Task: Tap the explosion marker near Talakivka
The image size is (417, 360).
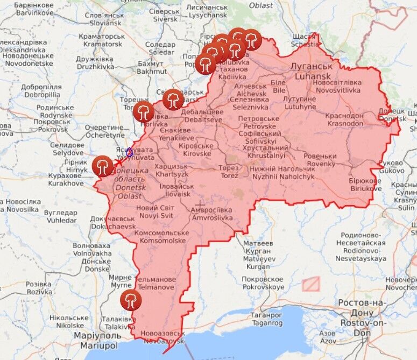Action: coord(129,300)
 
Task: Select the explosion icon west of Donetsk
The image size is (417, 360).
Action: coord(102,166)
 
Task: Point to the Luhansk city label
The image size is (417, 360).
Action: coord(312,71)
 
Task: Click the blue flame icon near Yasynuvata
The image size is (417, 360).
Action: coord(130,152)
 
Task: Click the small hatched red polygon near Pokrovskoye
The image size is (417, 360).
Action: coord(310,284)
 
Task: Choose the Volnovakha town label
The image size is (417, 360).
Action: coord(92,249)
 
